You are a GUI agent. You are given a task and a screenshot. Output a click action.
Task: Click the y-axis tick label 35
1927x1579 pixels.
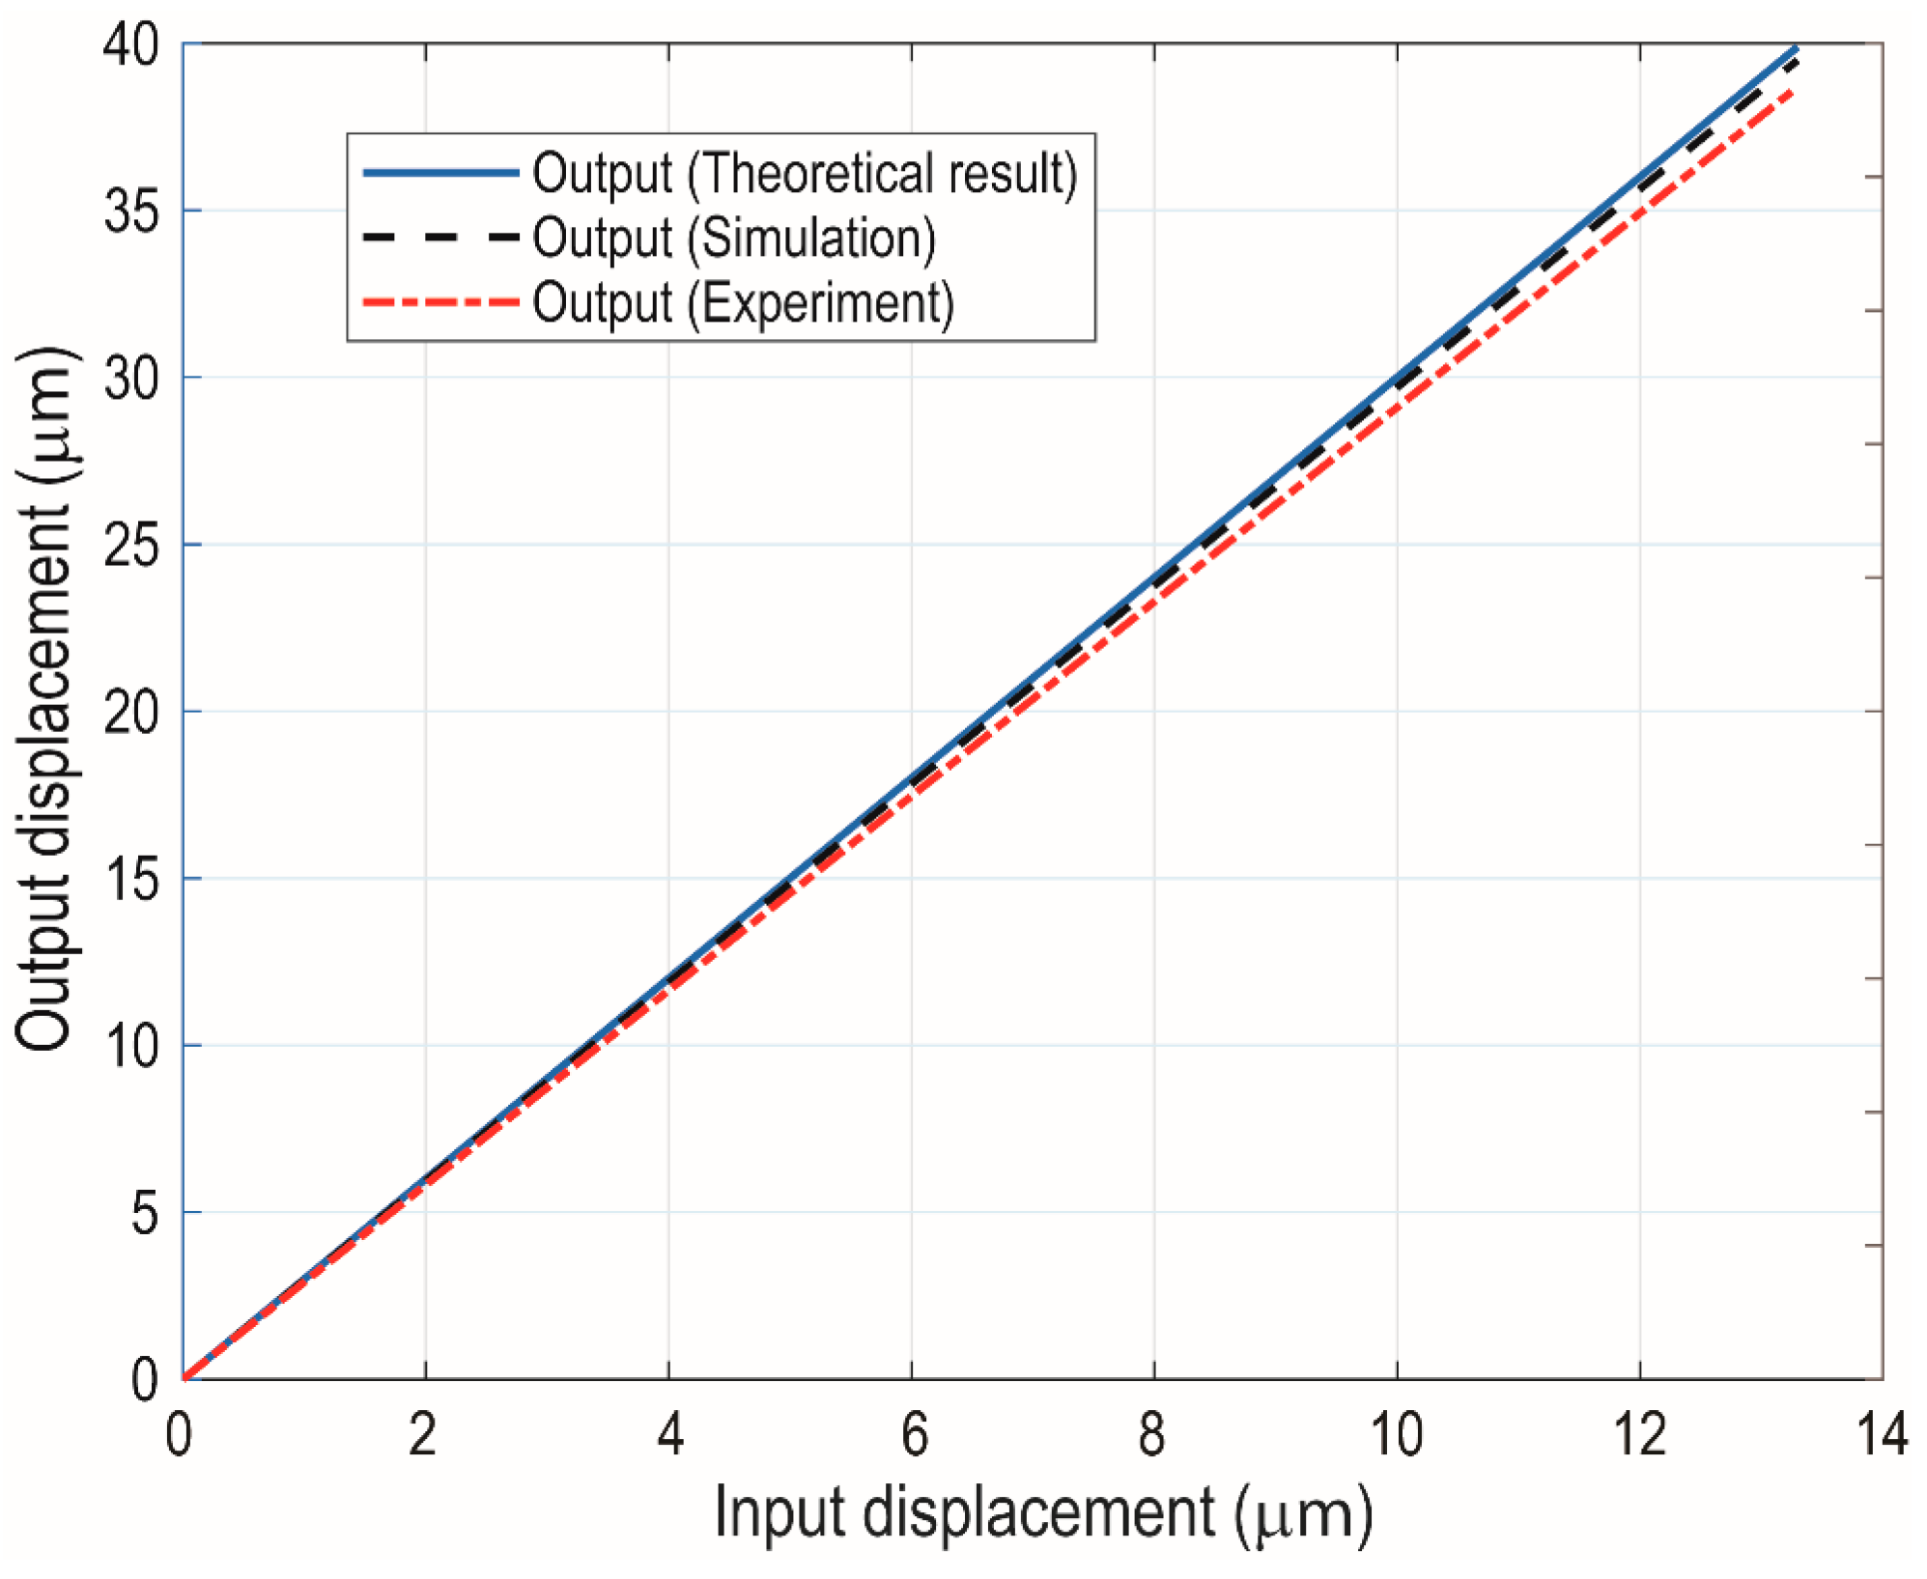(x=131, y=211)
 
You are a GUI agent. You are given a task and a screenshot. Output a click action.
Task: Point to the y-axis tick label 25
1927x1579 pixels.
(x=131, y=545)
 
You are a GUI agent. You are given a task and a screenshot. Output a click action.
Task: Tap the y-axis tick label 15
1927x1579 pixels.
(x=131, y=879)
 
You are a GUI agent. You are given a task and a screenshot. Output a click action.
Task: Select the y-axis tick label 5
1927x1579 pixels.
(x=145, y=1213)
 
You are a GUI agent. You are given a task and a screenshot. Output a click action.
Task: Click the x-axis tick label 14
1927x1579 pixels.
(x=1882, y=1435)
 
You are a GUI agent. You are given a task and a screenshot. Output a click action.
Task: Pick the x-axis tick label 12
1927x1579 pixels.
(x=1639, y=1435)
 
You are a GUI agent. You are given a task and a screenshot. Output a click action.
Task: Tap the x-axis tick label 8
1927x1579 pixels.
(x=1152, y=1435)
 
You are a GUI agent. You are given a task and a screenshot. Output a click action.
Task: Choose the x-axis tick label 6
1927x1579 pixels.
(x=913, y=1435)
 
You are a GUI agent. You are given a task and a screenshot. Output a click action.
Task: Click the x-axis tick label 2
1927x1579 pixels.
(x=423, y=1435)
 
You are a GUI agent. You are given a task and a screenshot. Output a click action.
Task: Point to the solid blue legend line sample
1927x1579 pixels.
(x=440, y=173)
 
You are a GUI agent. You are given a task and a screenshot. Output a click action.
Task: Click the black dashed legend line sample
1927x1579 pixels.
(x=440, y=237)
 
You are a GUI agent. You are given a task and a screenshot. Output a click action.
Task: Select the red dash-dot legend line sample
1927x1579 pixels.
(x=440, y=302)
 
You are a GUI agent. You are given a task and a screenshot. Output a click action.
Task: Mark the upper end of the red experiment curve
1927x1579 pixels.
(x=1794, y=91)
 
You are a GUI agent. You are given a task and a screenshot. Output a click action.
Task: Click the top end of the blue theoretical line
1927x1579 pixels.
(x=1796, y=47)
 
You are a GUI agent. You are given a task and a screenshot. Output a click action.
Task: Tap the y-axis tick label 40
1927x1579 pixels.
(x=131, y=44)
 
